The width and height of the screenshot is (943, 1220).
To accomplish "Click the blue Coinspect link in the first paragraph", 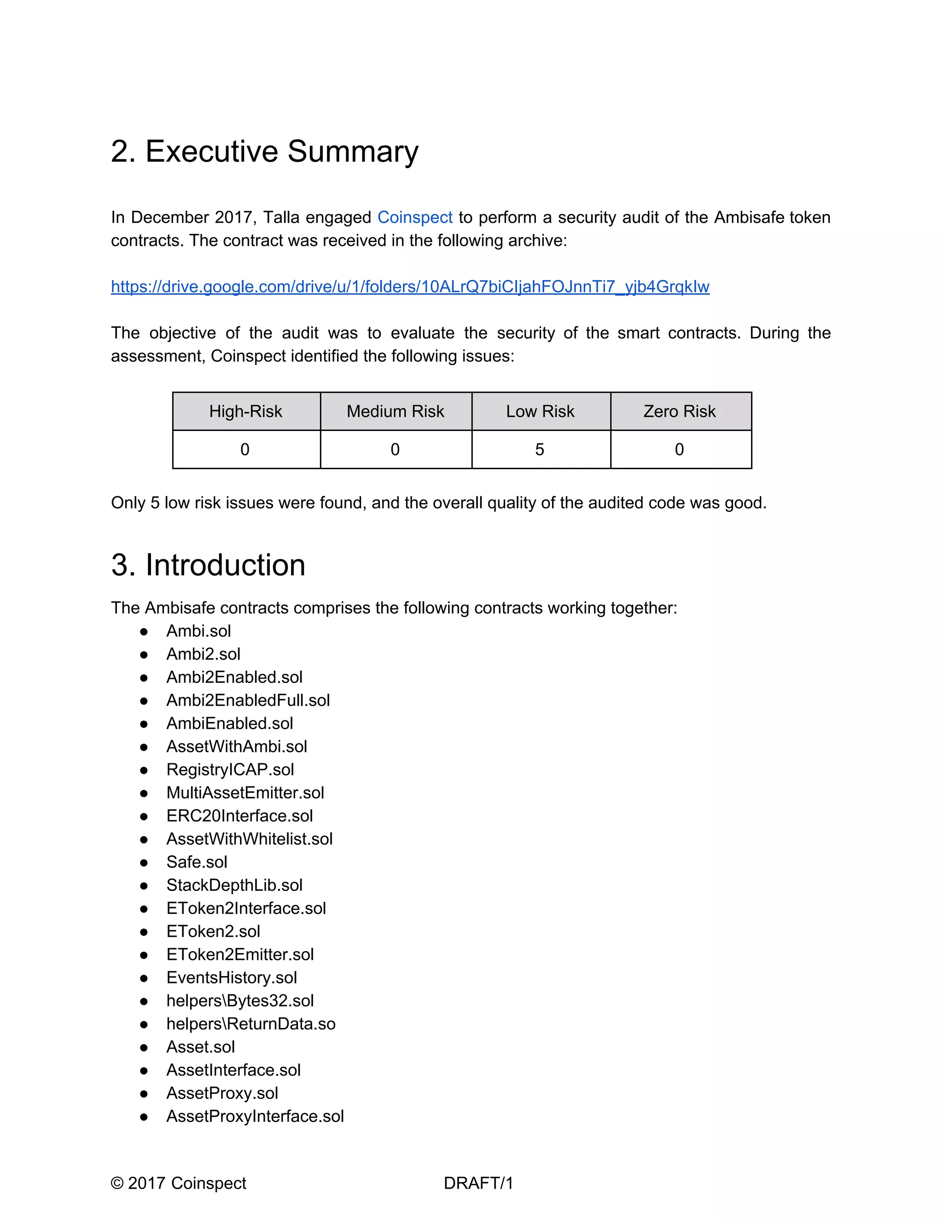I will [x=414, y=217].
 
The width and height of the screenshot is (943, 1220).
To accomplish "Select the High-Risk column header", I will [x=245, y=412].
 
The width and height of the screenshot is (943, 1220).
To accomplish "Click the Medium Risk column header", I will [x=395, y=412].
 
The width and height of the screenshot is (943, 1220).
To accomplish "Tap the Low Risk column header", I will [x=540, y=412].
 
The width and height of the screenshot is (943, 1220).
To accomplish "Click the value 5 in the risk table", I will [x=539, y=450].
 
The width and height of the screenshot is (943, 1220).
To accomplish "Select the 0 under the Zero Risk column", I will [x=679, y=450].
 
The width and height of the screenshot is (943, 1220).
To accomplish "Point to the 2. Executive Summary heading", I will [x=264, y=151].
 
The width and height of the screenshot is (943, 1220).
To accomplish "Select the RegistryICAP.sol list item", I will [x=230, y=770].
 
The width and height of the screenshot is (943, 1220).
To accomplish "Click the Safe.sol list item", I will [x=197, y=862].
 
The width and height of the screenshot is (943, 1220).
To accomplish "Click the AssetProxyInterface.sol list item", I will [x=255, y=1116].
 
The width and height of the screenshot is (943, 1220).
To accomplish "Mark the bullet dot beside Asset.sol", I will [x=144, y=1047].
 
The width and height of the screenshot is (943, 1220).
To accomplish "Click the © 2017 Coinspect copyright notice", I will [x=178, y=1183].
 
